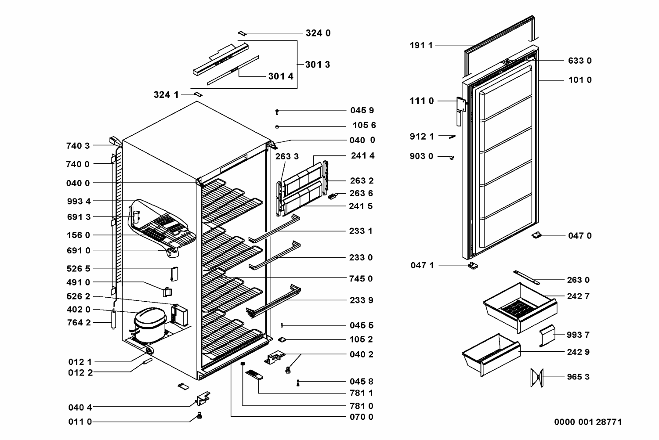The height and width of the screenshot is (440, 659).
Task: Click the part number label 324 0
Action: pyautogui.click(x=318, y=33)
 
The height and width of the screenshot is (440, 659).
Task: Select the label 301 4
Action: pyautogui.click(x=281, y=76)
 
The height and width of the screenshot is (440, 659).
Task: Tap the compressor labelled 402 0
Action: pyautogui.click(x=150, y=325)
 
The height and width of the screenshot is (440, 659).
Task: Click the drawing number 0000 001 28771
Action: pyautogui.click(x=588, y=422)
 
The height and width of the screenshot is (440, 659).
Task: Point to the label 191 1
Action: pyautogui.click(x=421, y=45)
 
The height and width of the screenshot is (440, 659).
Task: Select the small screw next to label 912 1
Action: pyautogui.click(x=452, y=137)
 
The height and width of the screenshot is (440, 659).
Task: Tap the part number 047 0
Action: pyautogui.click(x=580, y=235)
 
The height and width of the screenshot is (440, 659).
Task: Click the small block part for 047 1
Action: pyautogui.click(x=473, y=265)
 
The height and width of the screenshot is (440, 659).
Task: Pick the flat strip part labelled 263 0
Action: pyautogui.click(x=527, y=278)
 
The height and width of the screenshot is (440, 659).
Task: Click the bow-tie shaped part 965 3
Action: pyautogui.click(x=537, y=377)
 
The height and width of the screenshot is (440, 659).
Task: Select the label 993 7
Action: pyautogui.click(x=578, y=335)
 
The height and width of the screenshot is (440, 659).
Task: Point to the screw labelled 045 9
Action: pyautogui.click(x=277, y=112)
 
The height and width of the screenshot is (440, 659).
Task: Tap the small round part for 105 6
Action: pyautogui.click(x=277, y=127)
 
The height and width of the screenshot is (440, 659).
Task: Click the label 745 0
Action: pyautogui.click(x=361, y=278)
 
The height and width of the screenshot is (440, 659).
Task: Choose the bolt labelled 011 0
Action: pyautogui.click(x=199, y=415)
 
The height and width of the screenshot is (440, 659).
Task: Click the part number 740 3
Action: pyautogui.click(x=78, y=146)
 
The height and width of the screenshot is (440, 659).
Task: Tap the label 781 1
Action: pyautogui.click(x=361, y=393)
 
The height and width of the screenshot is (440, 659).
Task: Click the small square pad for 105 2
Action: pyautogui.click(x=282, y=340)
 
